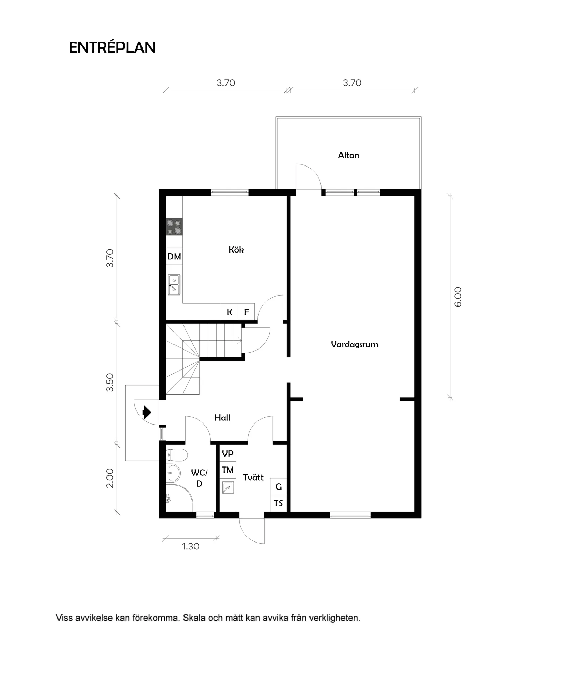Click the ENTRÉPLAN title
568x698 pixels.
click(x=112, y=47)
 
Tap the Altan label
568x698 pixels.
click(x=348, y=155)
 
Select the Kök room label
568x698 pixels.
click(x=236, y=249)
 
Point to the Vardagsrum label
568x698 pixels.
click(x=354, y=344)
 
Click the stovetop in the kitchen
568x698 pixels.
click(x=174, y=227)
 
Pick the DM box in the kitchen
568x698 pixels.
click(x=174, y=256)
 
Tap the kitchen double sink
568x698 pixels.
click(x=174, y=285)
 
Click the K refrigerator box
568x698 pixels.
click(x=229, y=312)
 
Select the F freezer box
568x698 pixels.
click(x=246, y=312)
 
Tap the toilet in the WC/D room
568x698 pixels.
click(x=176, y=455)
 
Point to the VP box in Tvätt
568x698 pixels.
click(x=228, y=453)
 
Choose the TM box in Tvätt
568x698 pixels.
click(x=228, y=470)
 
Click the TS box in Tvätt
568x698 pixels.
click(x=278, y=503)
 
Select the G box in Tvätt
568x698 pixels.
click(x=278, y=486)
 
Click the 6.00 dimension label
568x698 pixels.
click(x=457, y=297)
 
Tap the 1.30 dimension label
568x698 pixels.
click(x=191, y=546)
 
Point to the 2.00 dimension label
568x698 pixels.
click(x=109, y=478)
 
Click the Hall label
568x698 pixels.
click(x=222, y=418)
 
